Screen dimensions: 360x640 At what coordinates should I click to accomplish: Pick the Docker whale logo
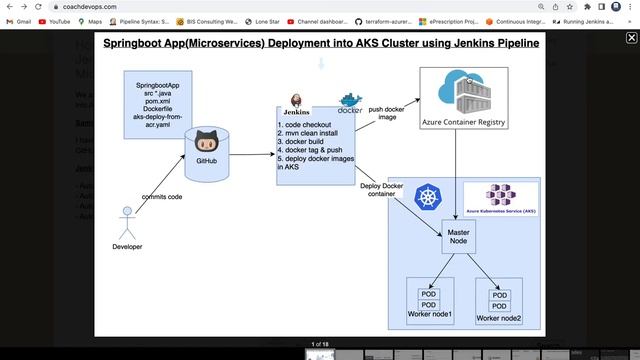[351, 103]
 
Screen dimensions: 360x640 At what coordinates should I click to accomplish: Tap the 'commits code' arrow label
[161, 197]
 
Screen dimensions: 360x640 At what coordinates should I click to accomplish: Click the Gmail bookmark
[19, 21]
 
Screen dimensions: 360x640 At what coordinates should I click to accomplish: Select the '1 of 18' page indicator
[320, 344]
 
